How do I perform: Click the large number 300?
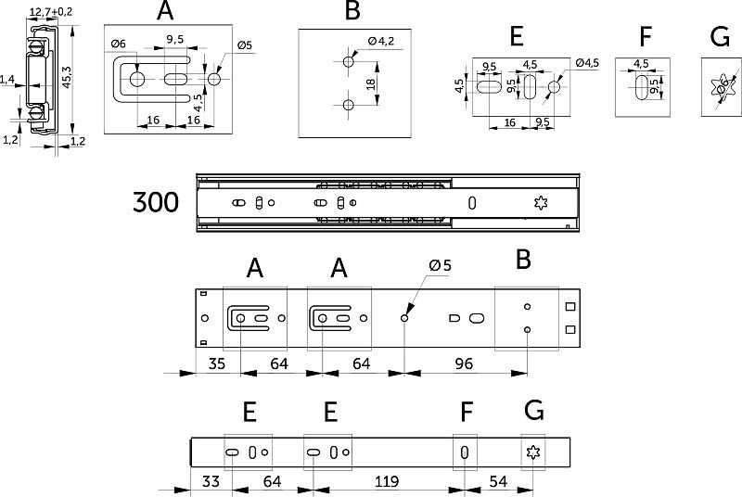pos(156,202)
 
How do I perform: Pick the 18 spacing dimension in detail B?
pos(371,83)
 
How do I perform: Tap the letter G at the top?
pos(719,37)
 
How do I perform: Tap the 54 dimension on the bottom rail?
pos(499,481)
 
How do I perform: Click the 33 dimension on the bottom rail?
pos(210,481)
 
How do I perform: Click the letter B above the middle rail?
pos(523,260)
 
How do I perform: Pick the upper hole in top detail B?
pos(348,60)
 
